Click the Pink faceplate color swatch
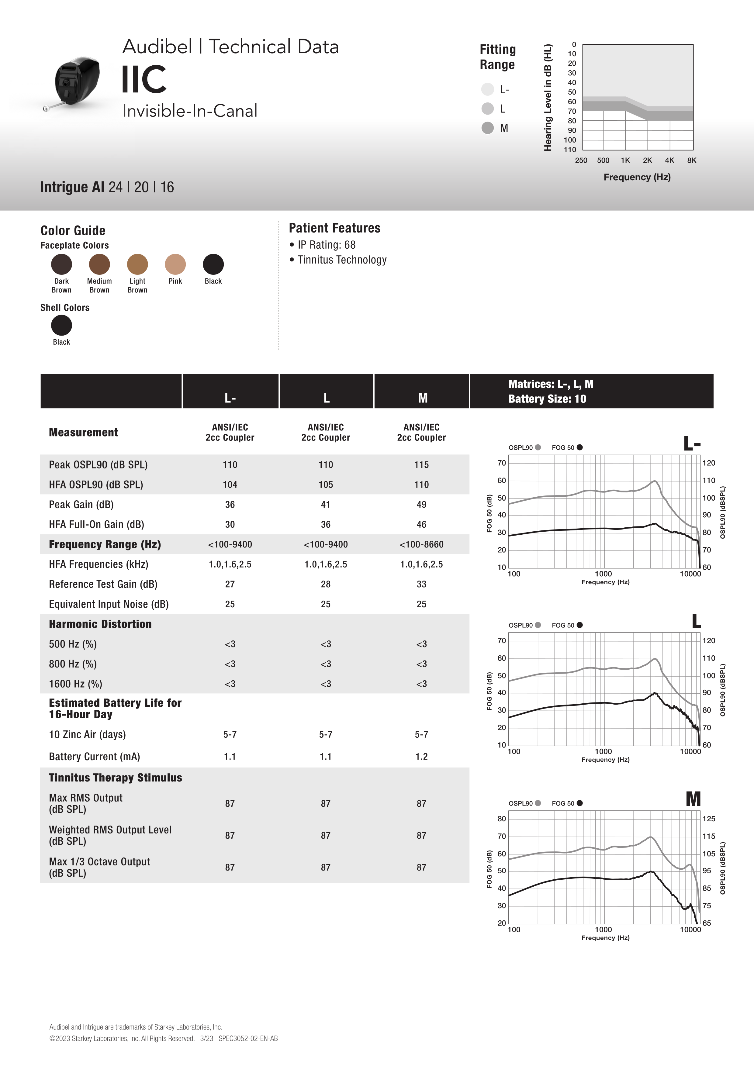[175, 264]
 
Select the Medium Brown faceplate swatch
[99, 264]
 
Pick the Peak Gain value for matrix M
[421, 504]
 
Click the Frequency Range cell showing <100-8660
[421, 544]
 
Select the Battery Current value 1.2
[421, 756]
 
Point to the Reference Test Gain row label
[103, 584]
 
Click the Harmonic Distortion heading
[100, 624]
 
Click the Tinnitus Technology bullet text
[342, 260]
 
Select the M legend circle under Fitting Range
[487, 128]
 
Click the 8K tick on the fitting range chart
[691, 160]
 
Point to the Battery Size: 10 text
[547, 399]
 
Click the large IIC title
[144, 79]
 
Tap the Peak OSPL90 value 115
[421, 465]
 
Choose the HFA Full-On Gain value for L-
[230, 524]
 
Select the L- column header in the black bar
[230, 398]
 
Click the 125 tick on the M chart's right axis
[708, 819]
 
